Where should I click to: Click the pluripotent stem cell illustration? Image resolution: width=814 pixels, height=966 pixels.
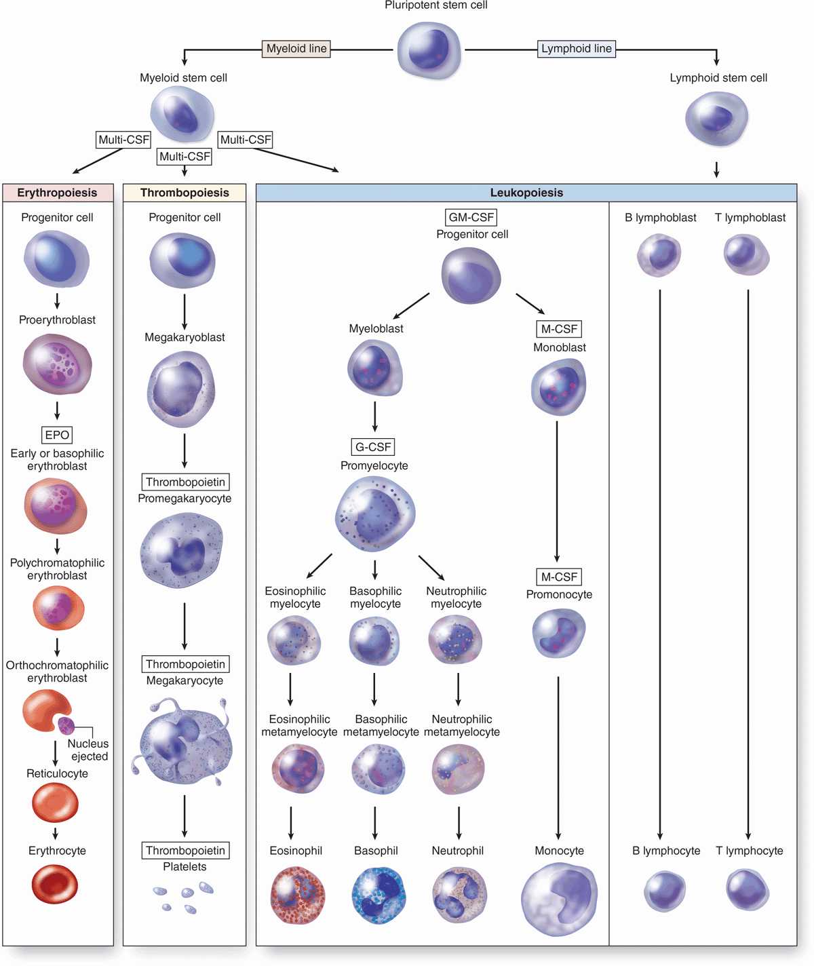[429, 50]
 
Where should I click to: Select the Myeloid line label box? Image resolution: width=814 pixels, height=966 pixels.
[296, 49]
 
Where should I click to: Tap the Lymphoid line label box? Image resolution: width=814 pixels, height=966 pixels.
[577, 49]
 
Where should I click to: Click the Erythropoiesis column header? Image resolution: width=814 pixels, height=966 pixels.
[57, 193]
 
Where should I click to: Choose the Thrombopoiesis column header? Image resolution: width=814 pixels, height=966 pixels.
[185, 193]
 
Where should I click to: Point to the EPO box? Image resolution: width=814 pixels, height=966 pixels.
[57, 435]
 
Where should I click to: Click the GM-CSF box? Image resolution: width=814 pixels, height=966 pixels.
[471, 217]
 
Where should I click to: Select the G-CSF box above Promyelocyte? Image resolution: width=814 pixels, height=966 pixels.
[374, 447]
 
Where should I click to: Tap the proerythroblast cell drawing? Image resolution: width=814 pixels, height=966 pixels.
[57, 364]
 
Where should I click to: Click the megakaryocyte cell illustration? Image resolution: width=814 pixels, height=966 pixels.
[185, 744]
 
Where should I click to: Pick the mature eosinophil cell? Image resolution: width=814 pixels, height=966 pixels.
[297, 895]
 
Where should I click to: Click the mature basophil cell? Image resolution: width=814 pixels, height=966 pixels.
[378, 895]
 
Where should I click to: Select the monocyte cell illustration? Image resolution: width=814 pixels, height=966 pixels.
[559, 898]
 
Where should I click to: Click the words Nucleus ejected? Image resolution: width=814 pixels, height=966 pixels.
[88, 750]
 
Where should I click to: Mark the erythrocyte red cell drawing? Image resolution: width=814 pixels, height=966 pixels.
[55, 885]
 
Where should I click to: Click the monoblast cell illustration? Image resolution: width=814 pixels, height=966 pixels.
[558, 387]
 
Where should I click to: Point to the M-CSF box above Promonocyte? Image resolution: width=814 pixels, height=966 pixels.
[559, 577]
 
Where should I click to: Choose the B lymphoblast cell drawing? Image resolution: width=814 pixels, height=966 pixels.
[659, 255]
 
